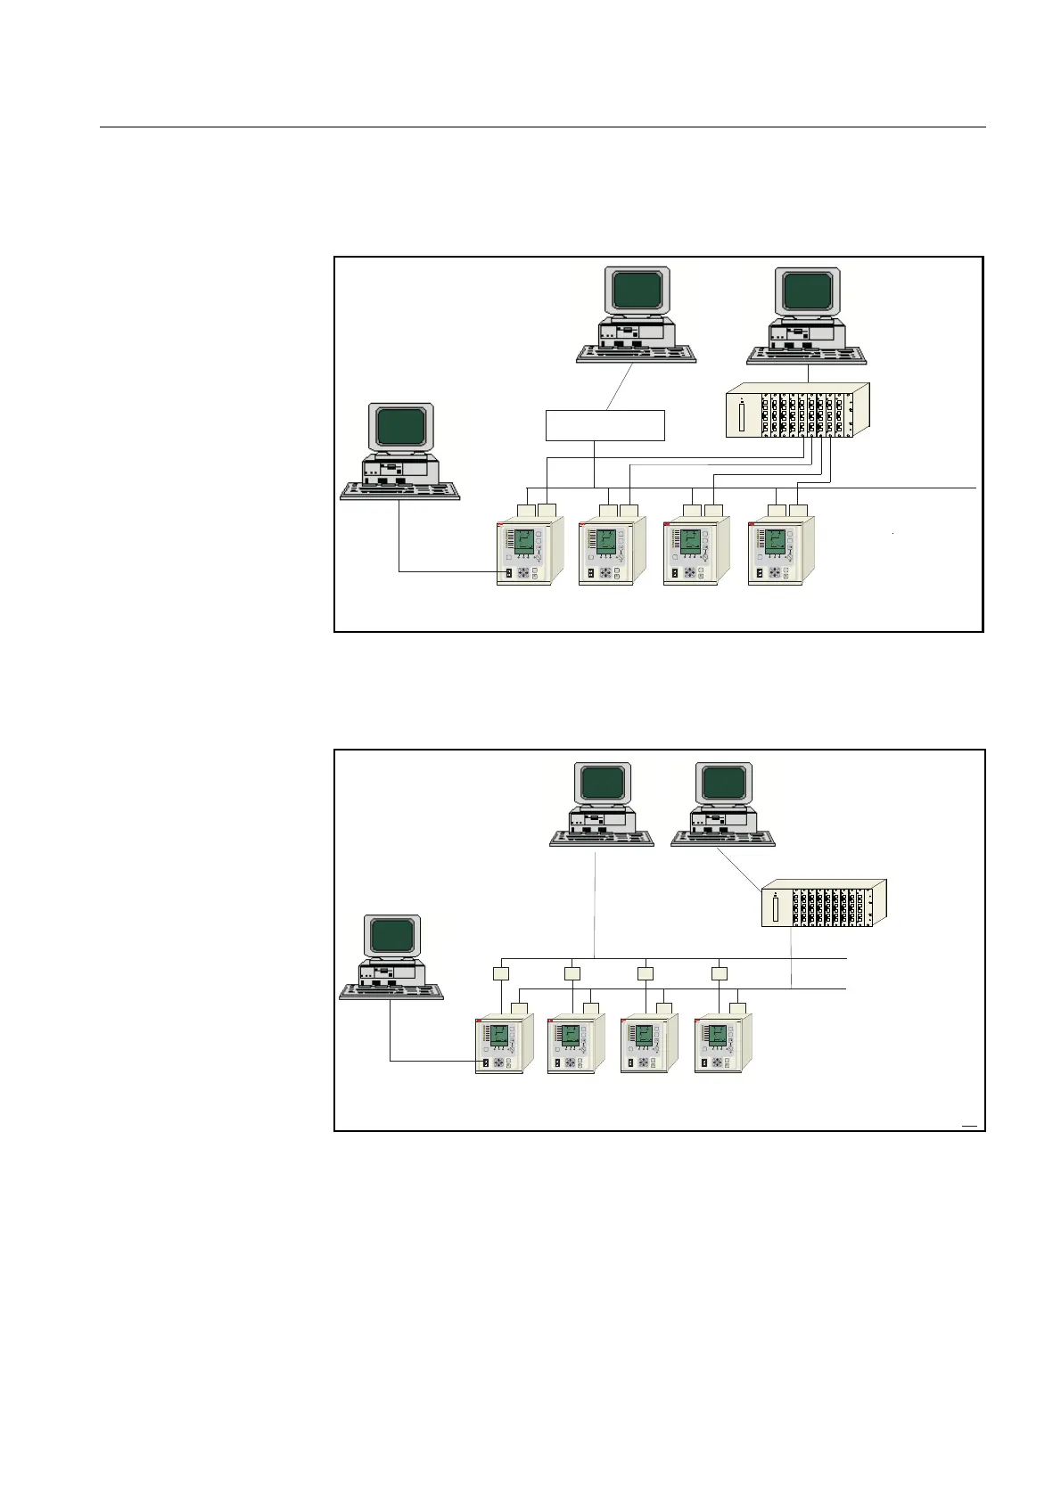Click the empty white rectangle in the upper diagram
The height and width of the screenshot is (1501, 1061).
(605, 425)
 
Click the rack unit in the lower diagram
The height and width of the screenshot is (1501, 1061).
(824, 903)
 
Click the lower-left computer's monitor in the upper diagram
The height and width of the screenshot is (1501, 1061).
(401, 427)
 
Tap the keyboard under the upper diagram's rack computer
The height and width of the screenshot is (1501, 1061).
(806, 355)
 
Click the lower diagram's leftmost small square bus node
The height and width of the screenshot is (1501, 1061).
(500, 973)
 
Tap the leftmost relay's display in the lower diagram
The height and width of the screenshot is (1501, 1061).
(499, 1037)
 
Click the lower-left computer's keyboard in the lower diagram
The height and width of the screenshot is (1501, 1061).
(391, 992)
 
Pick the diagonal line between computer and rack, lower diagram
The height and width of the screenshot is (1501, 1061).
(740, 866)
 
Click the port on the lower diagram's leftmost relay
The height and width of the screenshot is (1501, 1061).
(485, 1062)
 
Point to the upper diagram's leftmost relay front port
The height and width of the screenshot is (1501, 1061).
(508, 573)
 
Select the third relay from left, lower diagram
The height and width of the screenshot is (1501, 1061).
(648, 1045)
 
